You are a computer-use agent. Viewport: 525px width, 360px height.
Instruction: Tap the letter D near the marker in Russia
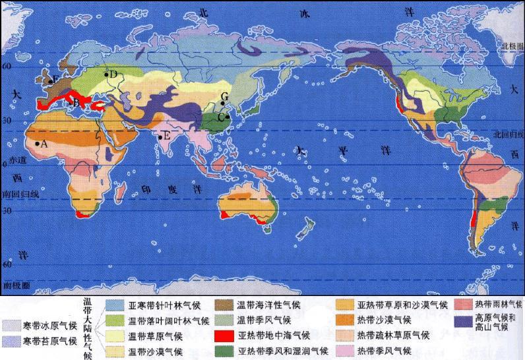point(113,75)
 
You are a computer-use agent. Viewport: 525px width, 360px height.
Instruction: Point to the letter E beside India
point(166,136)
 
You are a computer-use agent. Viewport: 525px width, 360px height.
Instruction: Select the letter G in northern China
point(224,96)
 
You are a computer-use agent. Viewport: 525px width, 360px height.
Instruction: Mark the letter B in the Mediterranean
point(76,102)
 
